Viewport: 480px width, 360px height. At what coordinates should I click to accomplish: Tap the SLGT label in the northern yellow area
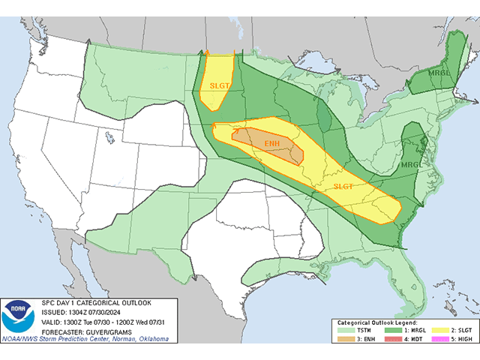coord(220,85)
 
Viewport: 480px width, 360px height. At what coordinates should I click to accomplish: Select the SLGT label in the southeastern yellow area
coord(343,187)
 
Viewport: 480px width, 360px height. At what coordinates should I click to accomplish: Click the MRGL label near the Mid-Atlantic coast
coord(410,164)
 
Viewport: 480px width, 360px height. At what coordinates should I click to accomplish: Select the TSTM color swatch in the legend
coord(346,330)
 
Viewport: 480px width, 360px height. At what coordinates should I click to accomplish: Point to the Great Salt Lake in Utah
coord(109,138)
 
